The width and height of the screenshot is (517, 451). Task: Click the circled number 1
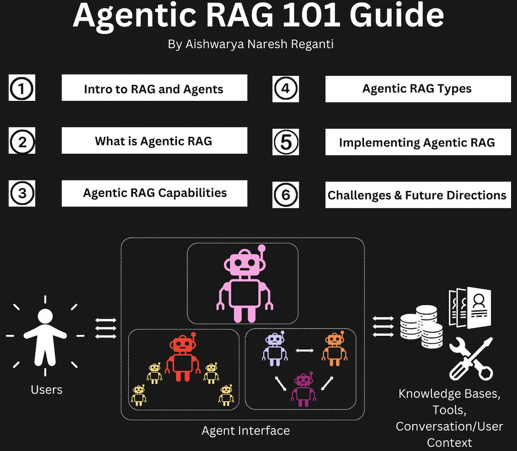21,89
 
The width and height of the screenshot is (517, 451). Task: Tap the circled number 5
286,142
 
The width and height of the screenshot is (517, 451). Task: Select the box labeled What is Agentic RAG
154,141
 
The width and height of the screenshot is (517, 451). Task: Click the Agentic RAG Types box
417,89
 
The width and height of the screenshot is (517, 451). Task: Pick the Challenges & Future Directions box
417,195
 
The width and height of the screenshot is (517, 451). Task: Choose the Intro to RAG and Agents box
154,89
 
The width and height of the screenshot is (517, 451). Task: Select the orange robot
334,349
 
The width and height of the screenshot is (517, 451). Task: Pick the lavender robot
274,349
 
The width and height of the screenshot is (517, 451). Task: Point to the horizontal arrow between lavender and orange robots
304,350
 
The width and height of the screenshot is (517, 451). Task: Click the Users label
47,390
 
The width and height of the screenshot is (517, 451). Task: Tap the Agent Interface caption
245,430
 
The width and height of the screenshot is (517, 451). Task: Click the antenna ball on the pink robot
261,248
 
